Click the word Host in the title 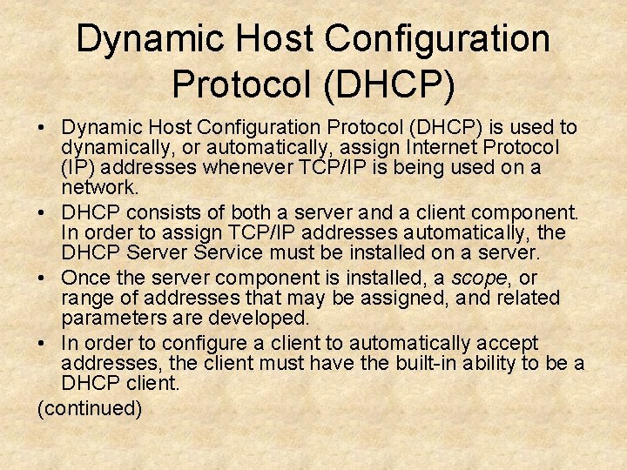pos(271,39)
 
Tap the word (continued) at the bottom pos(90,408)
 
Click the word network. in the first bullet pos(100,188)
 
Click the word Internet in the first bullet pos(419,147)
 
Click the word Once pos(87,278)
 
